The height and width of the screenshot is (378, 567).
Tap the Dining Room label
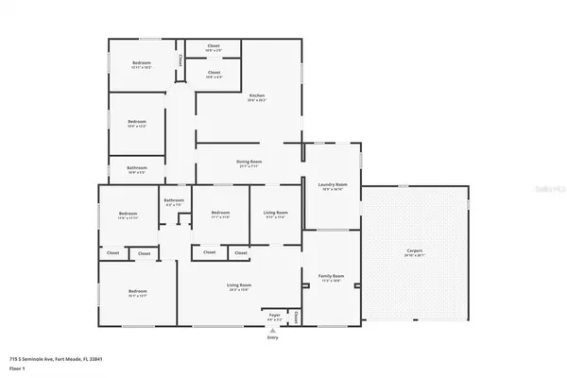(x=249, y=163)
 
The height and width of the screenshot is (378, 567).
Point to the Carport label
(x=415, y=251)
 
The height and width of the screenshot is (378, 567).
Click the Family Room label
(x=332, y=278)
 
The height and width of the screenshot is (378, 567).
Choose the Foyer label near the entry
(x=275, y=315)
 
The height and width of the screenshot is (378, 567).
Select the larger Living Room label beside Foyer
(x=238, y=286)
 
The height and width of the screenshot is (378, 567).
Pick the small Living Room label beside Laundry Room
(x=275, y=215)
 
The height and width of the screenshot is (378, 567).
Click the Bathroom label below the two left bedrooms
(x=137, y=170)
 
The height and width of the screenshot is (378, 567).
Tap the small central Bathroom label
(x=174, y=201)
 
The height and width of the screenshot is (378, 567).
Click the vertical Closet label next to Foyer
(x=297, y=316)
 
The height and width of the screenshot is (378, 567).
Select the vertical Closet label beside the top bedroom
(x=181, y=60)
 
